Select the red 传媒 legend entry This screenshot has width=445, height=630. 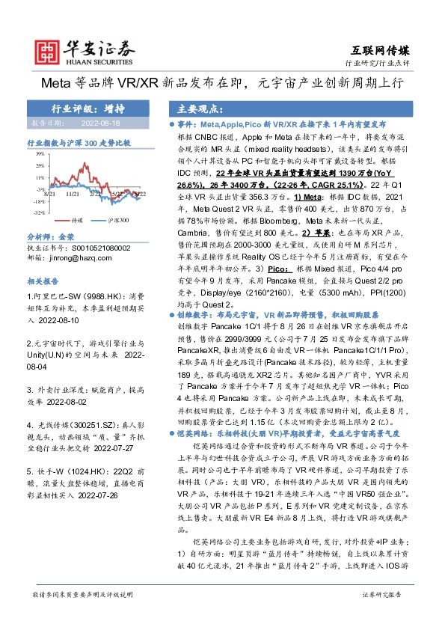[x=76, y=221]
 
